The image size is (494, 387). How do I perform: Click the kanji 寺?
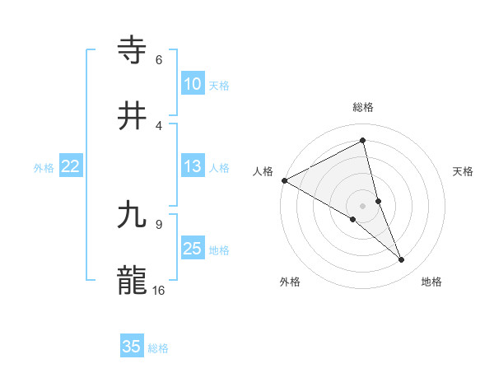coord(133,51)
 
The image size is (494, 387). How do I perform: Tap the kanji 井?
coord(133,116)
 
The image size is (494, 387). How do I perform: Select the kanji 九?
coord(133,216)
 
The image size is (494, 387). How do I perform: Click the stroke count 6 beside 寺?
coord(159,60)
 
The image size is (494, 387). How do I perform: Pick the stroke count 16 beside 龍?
coord(159,291)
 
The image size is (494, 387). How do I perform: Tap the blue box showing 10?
coord(192,84)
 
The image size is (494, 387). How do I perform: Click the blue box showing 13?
coord(192,166)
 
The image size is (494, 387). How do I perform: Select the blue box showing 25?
coord(192,249)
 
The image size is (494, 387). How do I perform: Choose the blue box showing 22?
coord(71,166)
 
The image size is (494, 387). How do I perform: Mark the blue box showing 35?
coord(132,347)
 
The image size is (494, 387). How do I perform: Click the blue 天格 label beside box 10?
coord(219,86)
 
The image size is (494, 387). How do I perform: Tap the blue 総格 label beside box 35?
coord(158,348)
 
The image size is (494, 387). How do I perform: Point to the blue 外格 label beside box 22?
coord(44,168)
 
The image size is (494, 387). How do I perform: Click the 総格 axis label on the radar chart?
coord(363,107)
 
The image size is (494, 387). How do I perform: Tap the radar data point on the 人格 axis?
coord(284,180)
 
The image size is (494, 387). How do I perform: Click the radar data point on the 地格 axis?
coord(402,260)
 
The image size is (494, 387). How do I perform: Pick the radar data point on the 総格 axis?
coord(363,141)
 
